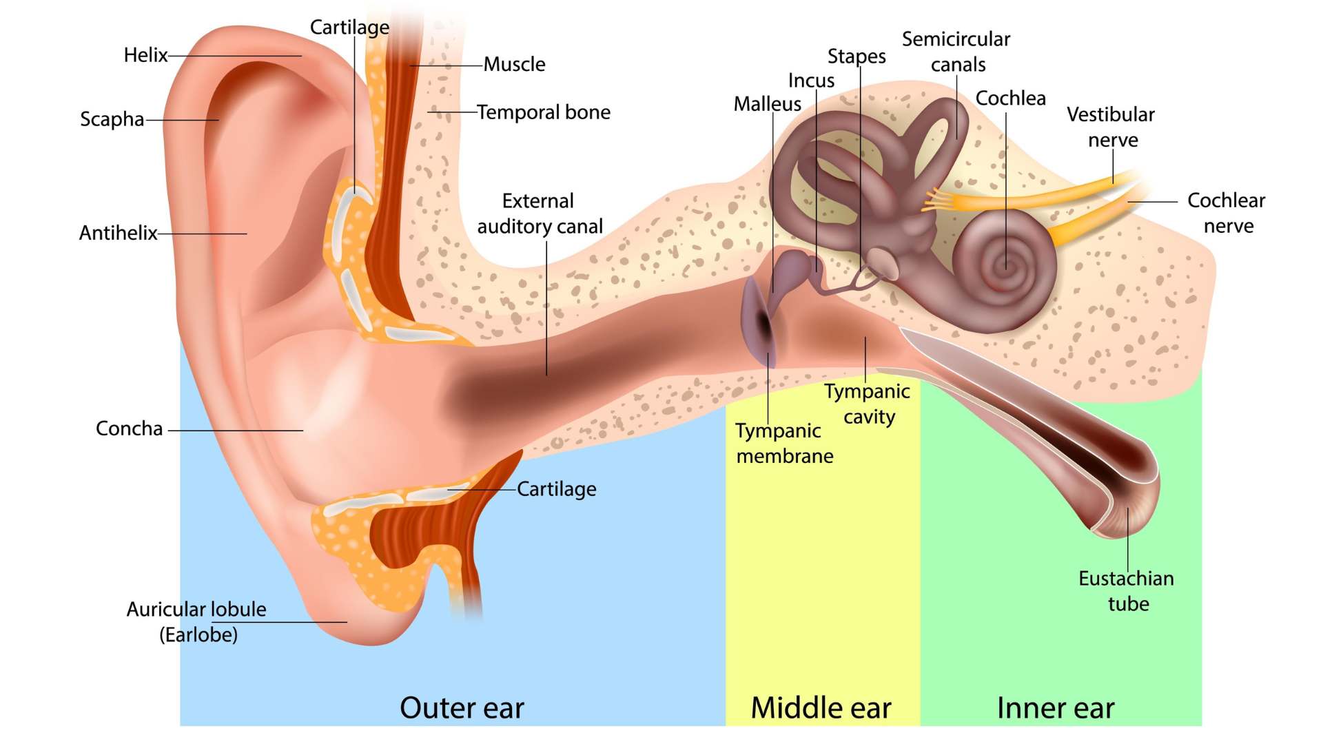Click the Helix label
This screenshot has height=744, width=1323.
[x=145, y=55]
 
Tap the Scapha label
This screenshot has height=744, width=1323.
[x=112, y=119]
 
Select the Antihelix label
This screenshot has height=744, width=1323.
[x=118, y=233]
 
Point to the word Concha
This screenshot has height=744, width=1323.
[x=129, y=428]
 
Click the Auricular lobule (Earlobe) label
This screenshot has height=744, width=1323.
[x=196, y=621]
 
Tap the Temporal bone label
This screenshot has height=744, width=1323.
[x=544, y=112]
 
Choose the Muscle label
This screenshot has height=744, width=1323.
[x=514, y=65]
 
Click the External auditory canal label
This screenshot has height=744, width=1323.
[x=540, y=214]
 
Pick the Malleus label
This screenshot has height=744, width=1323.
[x=767, y=104]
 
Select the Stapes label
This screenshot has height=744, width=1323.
[x=857, y=56]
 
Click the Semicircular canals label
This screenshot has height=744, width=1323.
[x=956, y=52]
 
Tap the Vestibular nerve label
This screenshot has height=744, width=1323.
[x=1111, y=127]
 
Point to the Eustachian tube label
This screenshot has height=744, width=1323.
[x=1127, y=591]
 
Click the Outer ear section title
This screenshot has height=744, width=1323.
[x=462, y=708]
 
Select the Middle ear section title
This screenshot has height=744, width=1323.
[x=821, y=708]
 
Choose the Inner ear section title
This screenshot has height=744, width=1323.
[x=1056, y=708]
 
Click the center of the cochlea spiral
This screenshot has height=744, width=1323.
[x=1005, y=265]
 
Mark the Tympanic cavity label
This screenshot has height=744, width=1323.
[x=868, y=404]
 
